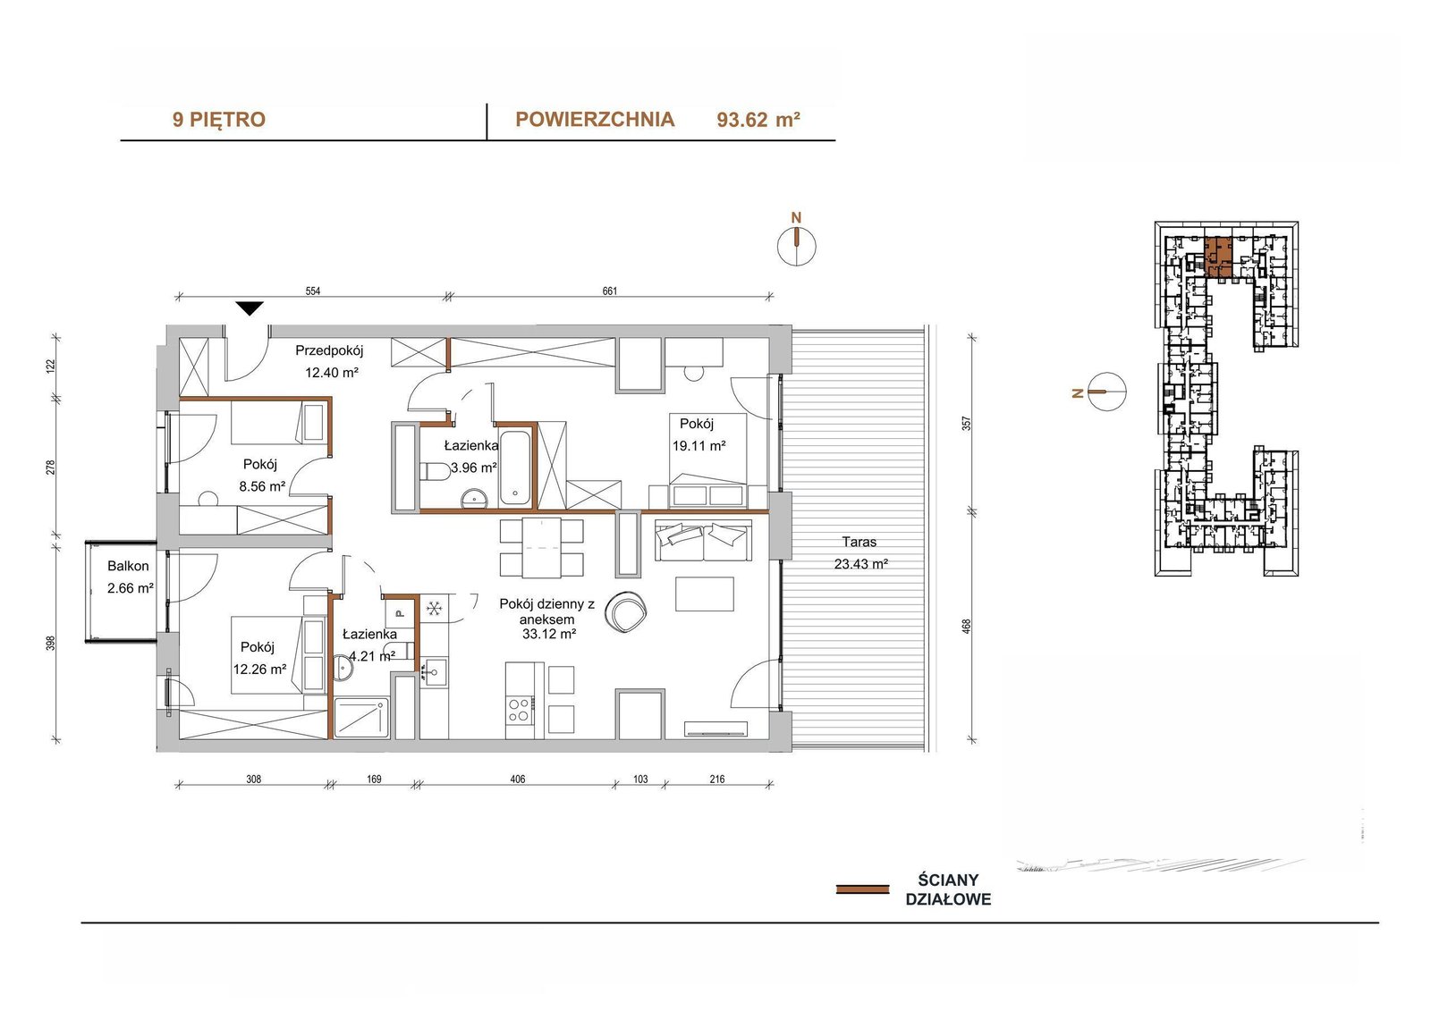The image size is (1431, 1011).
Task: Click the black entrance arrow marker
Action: click(x=250, y=308)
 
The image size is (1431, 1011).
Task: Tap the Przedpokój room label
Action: click(x=329, y=350)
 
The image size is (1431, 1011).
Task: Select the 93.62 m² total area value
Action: click(x=758, y=120)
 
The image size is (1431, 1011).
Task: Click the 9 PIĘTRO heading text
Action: click(x=218, y=120)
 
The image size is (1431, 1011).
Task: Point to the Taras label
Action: click(x=859, y=543)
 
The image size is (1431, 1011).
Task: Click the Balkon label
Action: click(x=128, y=566)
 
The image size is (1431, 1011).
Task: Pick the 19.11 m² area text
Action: click(x=699, y=446)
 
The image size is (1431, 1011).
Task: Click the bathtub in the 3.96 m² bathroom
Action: click(x=515, y=468)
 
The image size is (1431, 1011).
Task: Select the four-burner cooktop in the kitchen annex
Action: click(x=519, y=710)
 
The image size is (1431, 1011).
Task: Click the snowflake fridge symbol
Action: click(x=435, y=609)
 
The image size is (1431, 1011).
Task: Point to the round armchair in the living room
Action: click(x=627, y=611)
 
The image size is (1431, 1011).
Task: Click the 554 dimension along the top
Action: click(x=312, y=291)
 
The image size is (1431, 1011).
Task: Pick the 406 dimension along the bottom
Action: click(x=518, y=779)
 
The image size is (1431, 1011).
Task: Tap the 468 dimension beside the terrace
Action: click(x=967, y=626)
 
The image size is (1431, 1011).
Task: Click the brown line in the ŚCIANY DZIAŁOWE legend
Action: click(x=862, y=889)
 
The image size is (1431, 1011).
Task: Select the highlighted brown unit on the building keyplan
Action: click(x=1218, y=257)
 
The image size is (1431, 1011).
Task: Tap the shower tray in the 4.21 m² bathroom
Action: click(x=361, y=718)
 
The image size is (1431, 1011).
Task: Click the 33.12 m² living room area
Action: click(x=549, y=634)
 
